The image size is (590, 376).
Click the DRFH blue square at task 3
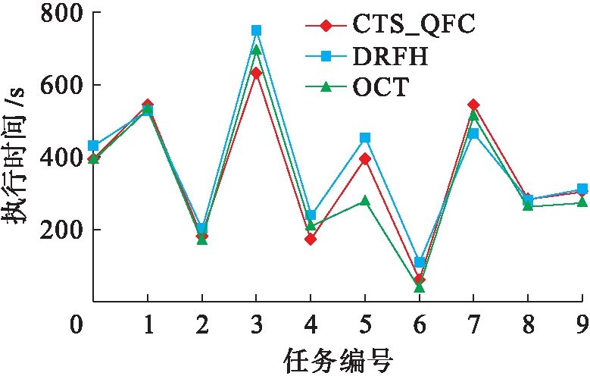257,30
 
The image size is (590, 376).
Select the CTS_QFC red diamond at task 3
257,73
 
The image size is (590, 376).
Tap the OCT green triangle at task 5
365,201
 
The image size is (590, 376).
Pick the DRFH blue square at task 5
365,138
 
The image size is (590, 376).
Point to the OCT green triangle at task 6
420,287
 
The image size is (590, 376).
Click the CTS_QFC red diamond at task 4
311,240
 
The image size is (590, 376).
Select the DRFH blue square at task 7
473,133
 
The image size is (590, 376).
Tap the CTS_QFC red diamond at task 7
473,105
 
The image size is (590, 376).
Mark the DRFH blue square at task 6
420,262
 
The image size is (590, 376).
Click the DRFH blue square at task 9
582,189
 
